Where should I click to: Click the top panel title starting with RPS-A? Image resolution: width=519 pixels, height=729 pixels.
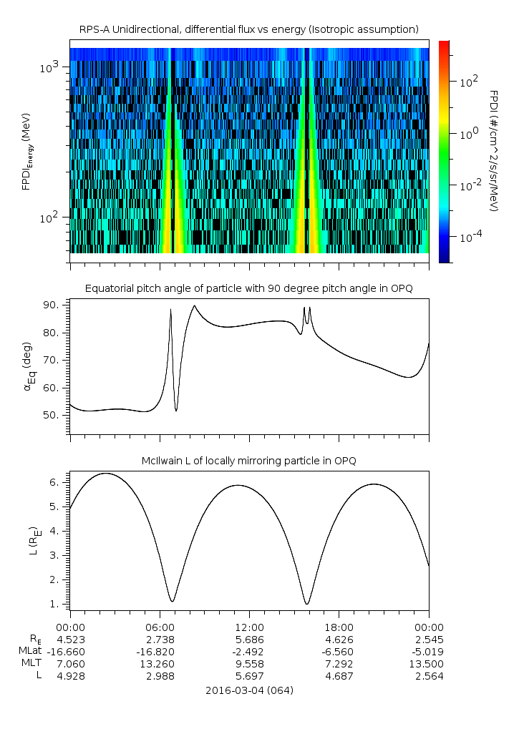point(248,29)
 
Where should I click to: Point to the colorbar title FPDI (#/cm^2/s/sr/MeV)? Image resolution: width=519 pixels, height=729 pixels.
point(493,151)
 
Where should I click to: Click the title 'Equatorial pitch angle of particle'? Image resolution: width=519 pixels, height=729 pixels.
point(248,288)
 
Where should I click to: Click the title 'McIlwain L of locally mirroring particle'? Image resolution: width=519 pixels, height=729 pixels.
point(248,461)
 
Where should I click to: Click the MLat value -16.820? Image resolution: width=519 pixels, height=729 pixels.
point(159,651)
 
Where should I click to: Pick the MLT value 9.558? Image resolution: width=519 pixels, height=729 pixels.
point(248,664)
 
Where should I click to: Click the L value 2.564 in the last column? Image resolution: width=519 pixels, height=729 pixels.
point(428,677)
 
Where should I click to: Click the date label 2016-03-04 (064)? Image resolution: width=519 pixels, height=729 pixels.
point(248,690)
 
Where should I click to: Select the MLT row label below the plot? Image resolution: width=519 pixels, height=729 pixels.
point(31,664)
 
